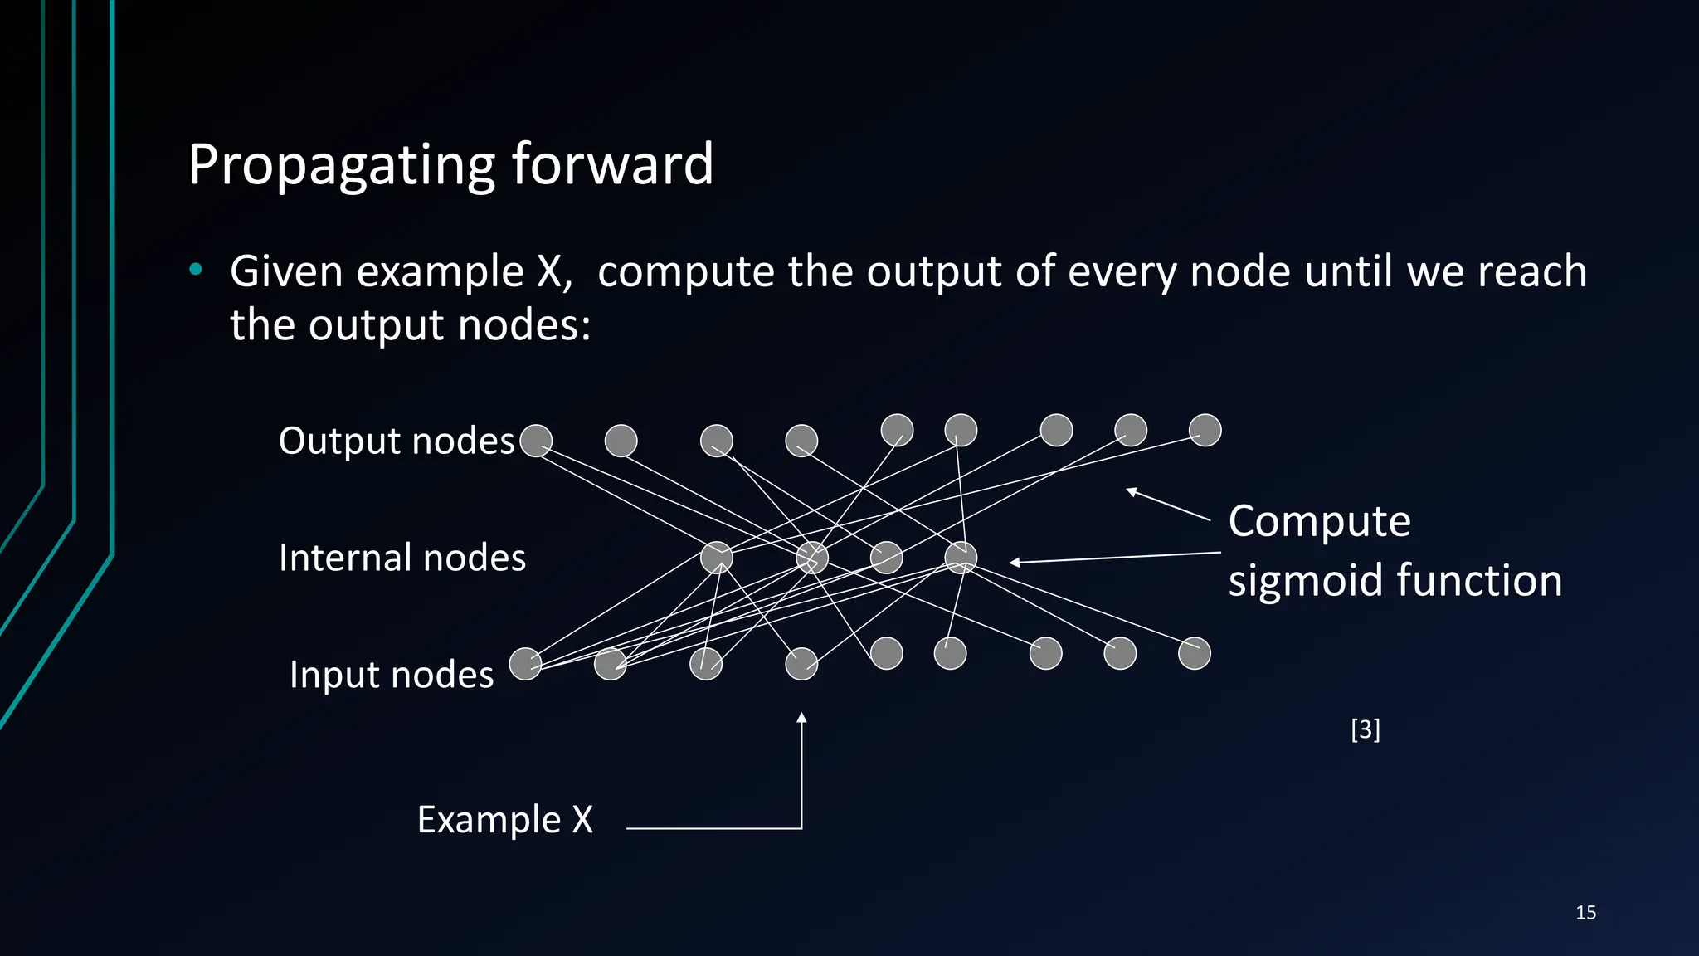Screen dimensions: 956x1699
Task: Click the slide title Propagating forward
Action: (x=450, y=164)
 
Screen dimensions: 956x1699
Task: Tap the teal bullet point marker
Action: (x=195, y=269)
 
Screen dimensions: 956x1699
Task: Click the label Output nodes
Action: (x=397, y=441)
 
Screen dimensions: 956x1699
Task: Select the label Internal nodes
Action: (x=402, y=558)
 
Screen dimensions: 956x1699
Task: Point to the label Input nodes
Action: (x=392, y=675)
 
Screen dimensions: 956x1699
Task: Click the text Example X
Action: (x=504, y=820)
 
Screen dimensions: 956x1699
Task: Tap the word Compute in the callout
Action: (x=1319, y=522)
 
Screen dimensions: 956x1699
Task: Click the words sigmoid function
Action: (x=1395, y=580)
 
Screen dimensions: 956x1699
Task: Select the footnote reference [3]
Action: (x=1366, y=729)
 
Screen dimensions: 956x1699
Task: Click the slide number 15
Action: (x=1585, y=913)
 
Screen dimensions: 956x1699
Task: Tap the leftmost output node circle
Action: (x=536, y=441)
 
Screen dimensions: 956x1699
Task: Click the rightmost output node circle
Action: (x=1205, y=430)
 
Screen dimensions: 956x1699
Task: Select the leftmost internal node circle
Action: (x=717, y=558)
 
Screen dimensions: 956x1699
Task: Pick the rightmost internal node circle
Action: (x=961, y=558)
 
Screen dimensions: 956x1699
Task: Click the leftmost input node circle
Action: (x=525, y=664)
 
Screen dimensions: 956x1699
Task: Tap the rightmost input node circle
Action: (x=1195, y=653)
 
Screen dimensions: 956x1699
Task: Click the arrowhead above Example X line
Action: (x=801, y=718)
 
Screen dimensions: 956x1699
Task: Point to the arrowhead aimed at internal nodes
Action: (x=1015, y=563)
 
